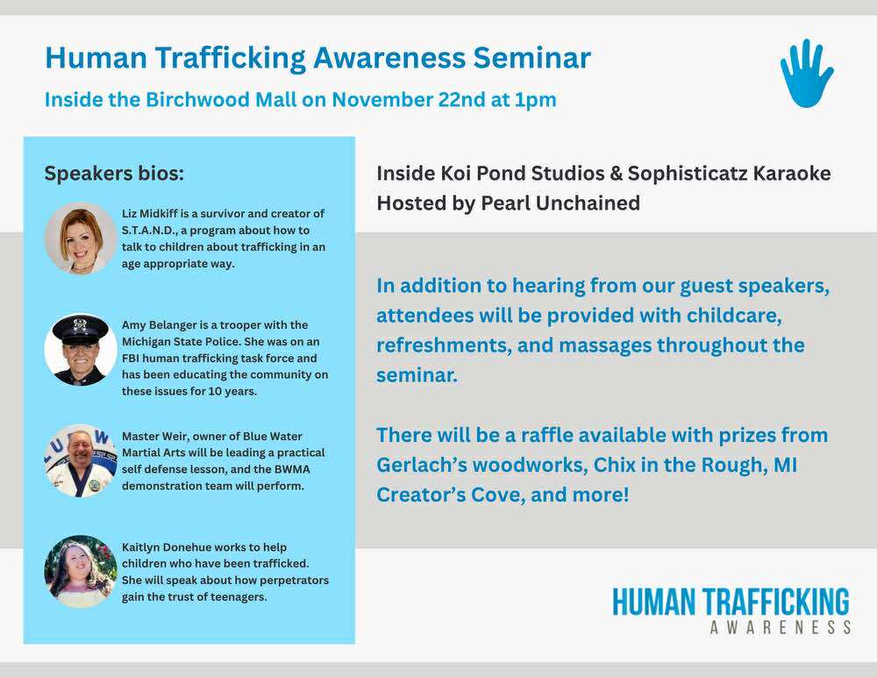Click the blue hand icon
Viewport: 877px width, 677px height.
(806, 74)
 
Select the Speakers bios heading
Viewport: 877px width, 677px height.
(114, 174)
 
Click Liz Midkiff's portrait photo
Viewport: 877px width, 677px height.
(81, 239)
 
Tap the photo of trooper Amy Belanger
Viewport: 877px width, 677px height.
(81, 349)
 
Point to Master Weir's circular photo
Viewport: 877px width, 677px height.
(81, 460)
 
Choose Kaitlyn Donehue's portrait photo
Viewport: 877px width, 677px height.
(81, 571)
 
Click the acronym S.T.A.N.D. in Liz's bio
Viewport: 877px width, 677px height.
(148, 231)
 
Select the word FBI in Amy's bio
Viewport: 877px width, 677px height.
(131, 358)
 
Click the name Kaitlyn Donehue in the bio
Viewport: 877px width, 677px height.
(166, 547)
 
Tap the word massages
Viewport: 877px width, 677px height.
(605, 346)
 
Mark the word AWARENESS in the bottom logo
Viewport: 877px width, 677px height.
(781, 627)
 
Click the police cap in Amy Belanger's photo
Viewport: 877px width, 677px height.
(81, 330)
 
